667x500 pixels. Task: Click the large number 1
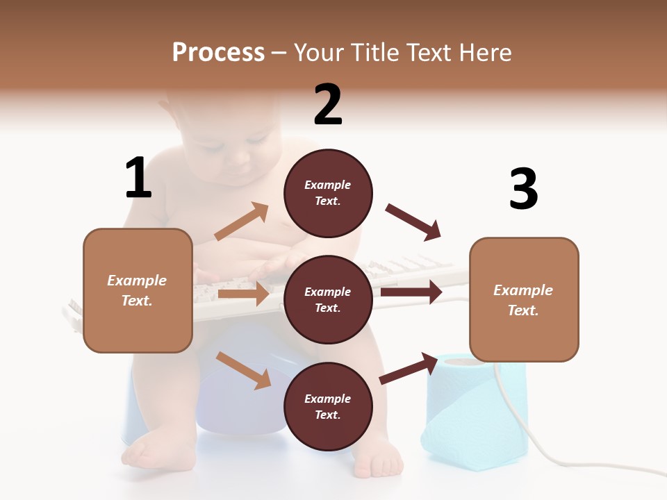click(x=138, y=178)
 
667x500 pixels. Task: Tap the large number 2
click(x=328, y=105)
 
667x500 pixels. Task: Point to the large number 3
click(x=523, y=189)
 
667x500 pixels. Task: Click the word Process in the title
click(x=218, y=52)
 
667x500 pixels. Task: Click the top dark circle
click(x=328, y=193)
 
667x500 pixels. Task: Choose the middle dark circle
click(x=328, y=299)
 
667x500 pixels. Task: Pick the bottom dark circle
click(x=328, y=406)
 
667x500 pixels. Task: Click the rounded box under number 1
click(x=138, y=290)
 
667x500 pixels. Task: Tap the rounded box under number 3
click(x=524, y=299)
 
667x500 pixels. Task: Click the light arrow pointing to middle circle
click(x=243, y=294)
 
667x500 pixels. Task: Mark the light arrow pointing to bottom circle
click(x=243, y=370)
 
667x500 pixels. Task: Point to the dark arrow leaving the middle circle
click(x=411, y=292)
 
